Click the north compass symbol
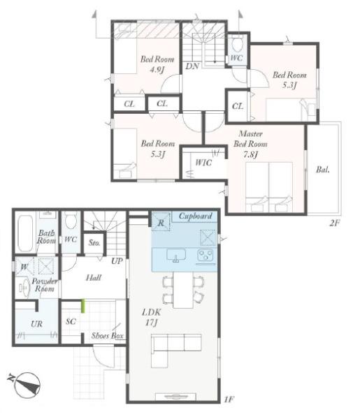click(x=27, y=385)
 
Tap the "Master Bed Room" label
click(x=250, y=139)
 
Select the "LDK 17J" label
click(x=152, y=317)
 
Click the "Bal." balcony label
click(x=323, y=170)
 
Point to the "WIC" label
click(x=203, y=163)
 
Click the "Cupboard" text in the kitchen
click(x=195, y=216)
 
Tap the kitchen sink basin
click(x=176, y=256)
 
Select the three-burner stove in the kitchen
click(x=206, y=255)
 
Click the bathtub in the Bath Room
click(x=25, y=233)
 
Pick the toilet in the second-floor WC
click(x=237, y=44)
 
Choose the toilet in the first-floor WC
click(x=71, y=221)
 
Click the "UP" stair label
click(x=117, y=261)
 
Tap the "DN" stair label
click(x=192, y=66)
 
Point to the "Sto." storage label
click(x=94, y=243)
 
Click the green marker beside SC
click(x=83, y=306)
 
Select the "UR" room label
click(x=36, y=324)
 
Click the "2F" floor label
click(x=334, y=223)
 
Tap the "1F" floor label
click(x=229, y=399)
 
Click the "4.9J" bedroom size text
click(x=157, y=70)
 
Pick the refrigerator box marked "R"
click(x=161, y=221)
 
